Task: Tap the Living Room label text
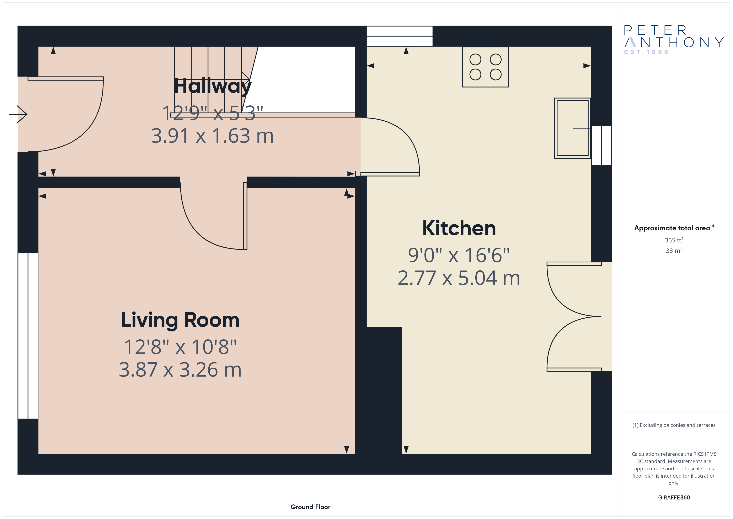(x=180, y=320)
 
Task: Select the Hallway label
(x=213, y=86)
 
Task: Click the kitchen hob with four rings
(x=485, y=67)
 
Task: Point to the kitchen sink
(x=572, y=128)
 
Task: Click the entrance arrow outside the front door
(x=18, y=114)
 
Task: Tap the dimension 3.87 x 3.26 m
(x=180, y=370)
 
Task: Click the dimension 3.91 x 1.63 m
(x=212, y=136)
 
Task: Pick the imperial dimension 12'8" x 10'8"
(x=180, y=347)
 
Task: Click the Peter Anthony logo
(x=674, y=40)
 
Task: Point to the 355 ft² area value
(x=674, y=240)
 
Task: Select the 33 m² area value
(x=674, y=251)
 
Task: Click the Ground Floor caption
(x=310, y=507)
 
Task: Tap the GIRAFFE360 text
(x=674, y=497)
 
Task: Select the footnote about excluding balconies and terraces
(x=674, y=425)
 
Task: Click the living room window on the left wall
(x=28, y=336)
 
